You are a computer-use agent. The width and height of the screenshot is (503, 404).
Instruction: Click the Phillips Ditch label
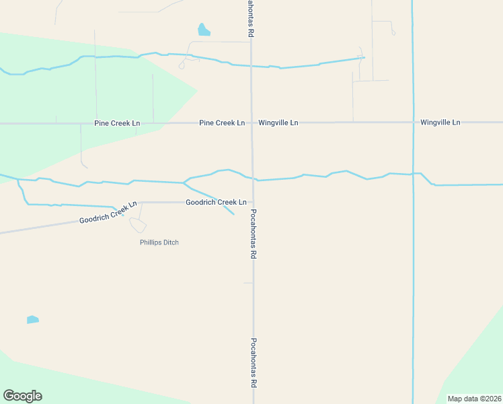[159, 242]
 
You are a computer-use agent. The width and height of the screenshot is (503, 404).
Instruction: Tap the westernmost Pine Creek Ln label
[118, 123]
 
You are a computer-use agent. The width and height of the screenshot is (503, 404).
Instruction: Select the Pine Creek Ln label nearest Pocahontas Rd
[222, 123]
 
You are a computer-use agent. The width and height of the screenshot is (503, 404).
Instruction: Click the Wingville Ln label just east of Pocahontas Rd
[278, 123]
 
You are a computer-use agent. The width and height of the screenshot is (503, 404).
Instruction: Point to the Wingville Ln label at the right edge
[440, 123]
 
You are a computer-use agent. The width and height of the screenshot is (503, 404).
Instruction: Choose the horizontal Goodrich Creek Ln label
[216, 202]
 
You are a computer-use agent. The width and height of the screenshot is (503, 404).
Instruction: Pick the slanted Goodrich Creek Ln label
[108, 212]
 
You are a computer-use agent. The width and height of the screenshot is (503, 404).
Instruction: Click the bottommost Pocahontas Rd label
[254, 362]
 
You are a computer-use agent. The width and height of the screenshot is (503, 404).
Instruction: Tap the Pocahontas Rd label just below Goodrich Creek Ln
[254, 234]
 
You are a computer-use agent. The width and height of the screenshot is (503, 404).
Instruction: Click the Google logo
[22, 396]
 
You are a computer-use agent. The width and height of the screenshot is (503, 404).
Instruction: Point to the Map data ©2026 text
[474, 399]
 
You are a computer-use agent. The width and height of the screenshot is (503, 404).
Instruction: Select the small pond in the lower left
[32, 319]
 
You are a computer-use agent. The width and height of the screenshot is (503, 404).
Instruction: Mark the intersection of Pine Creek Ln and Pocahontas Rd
[252, 123]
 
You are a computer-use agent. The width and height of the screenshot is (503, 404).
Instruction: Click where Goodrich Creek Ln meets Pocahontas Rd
[253, 202]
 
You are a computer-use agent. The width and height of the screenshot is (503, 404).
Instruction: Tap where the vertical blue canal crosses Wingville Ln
[412, 123]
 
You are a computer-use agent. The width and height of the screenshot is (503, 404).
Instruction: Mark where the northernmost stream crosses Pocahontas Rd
[251, 67]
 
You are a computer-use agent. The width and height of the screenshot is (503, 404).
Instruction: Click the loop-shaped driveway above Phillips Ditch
[138, 225]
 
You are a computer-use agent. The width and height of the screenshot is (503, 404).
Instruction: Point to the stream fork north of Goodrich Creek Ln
[184, 182]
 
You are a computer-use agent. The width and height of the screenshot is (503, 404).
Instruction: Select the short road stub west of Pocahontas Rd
[248, 283]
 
